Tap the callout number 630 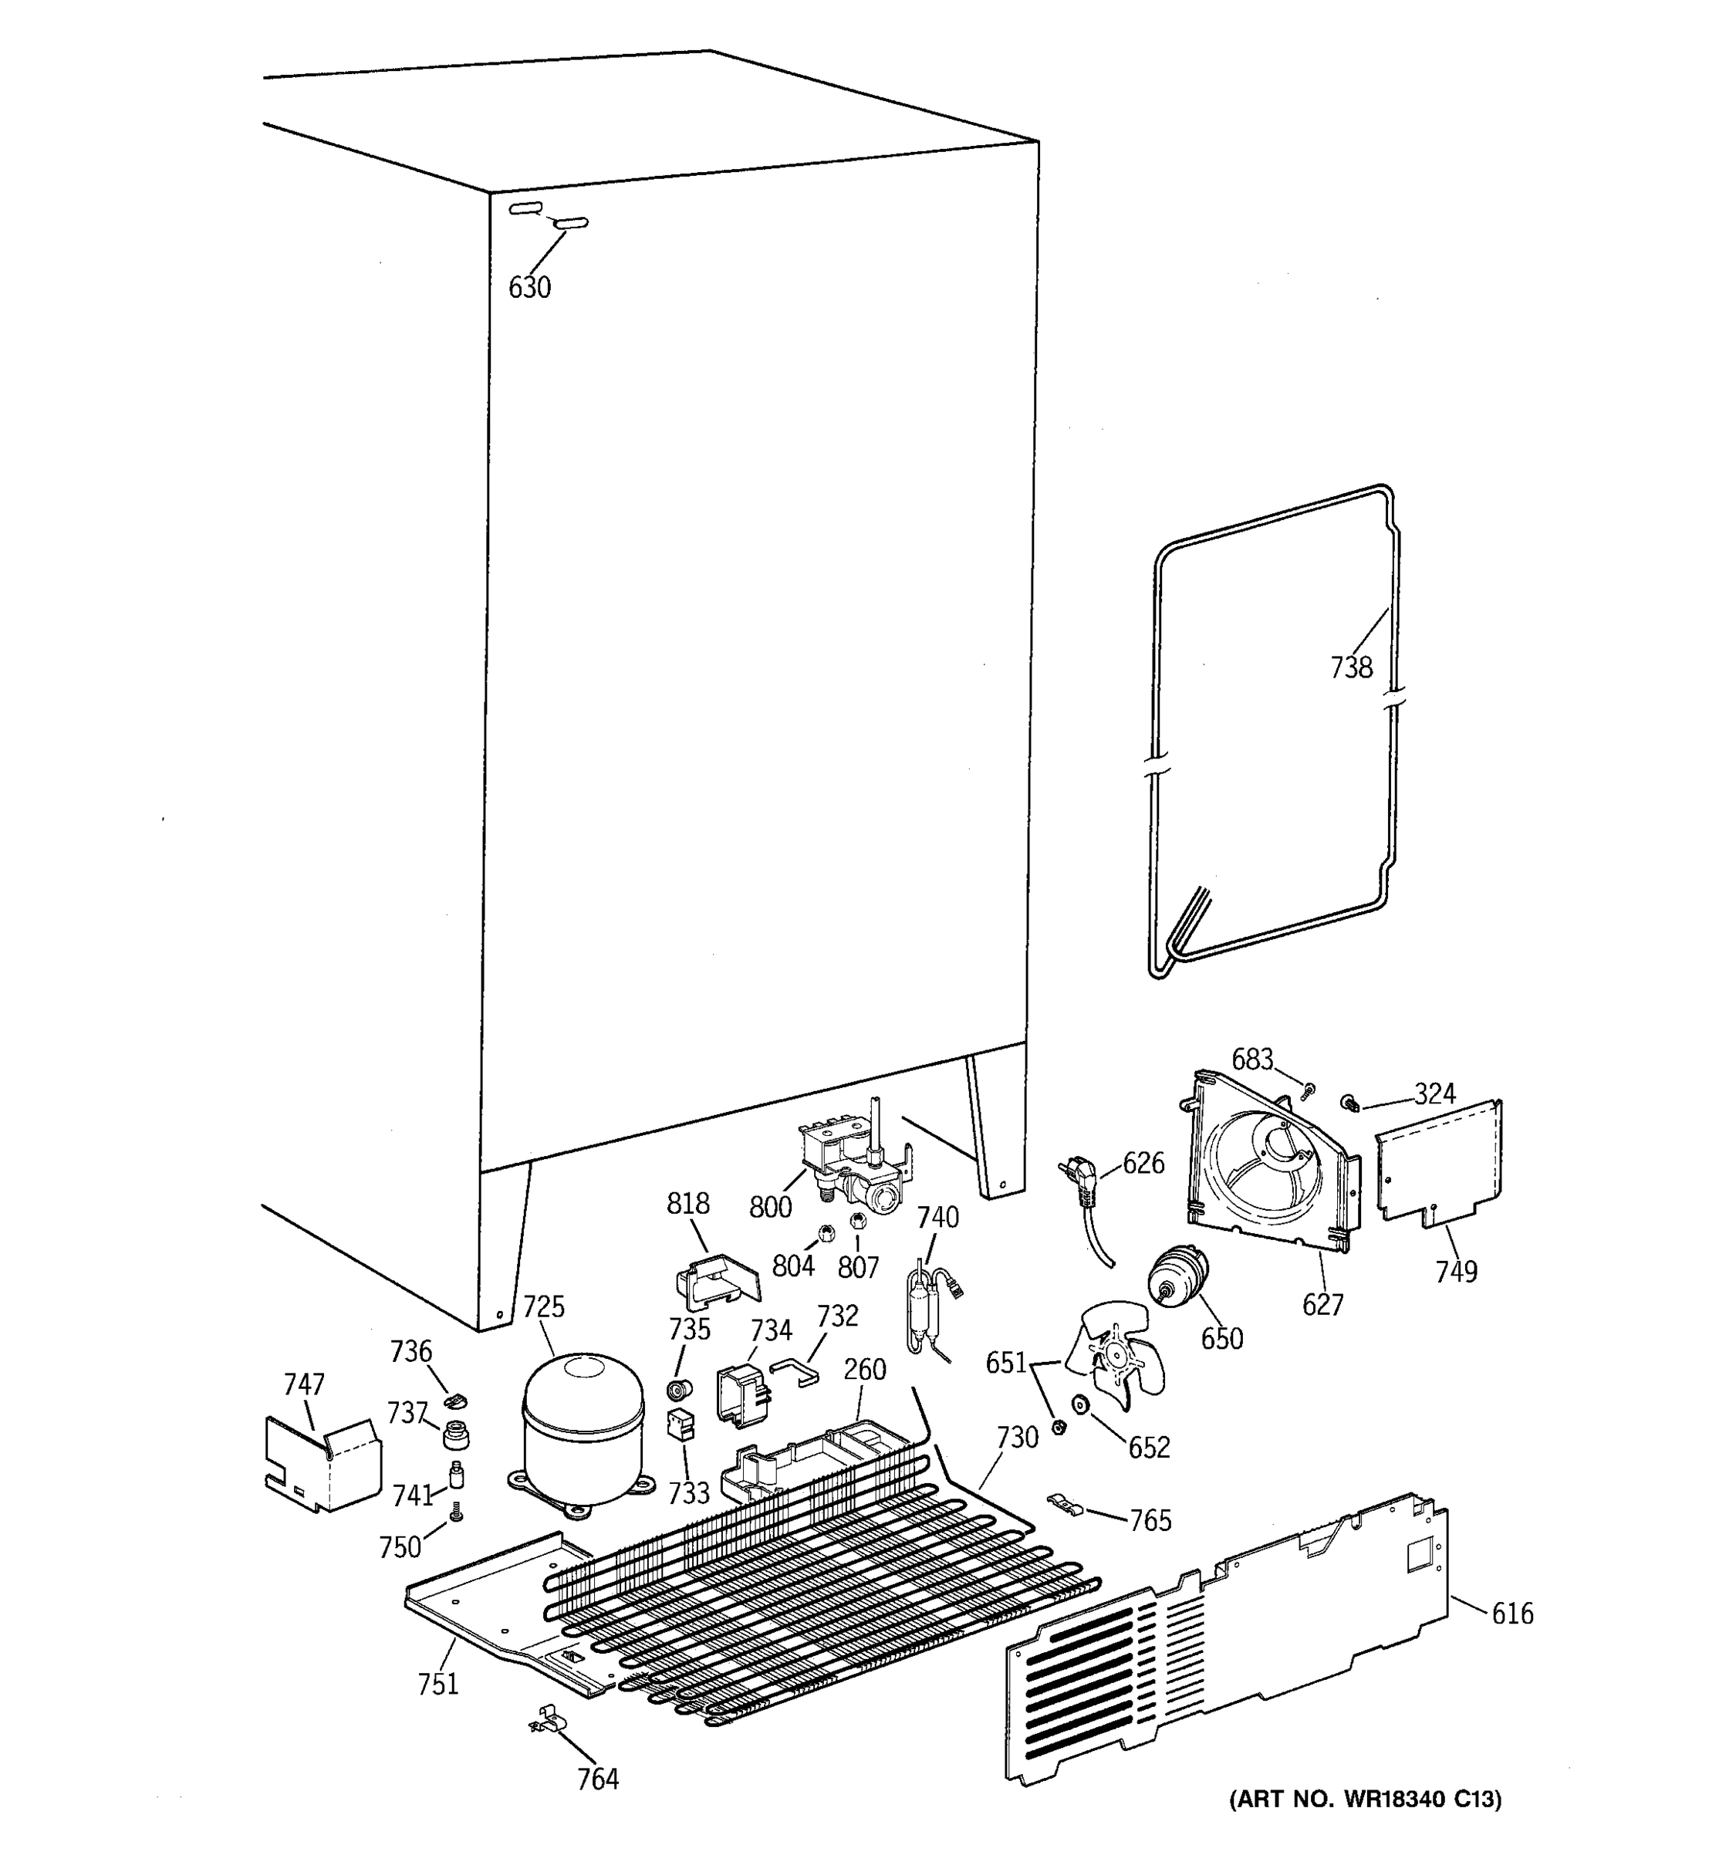[530, 287]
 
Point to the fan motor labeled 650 [1177, 1276]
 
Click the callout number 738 [1351, 667]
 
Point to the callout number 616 [1511, 1613]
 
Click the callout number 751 [437, 1683]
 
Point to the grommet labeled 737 [455, 1435]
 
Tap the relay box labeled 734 [741, 1394]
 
